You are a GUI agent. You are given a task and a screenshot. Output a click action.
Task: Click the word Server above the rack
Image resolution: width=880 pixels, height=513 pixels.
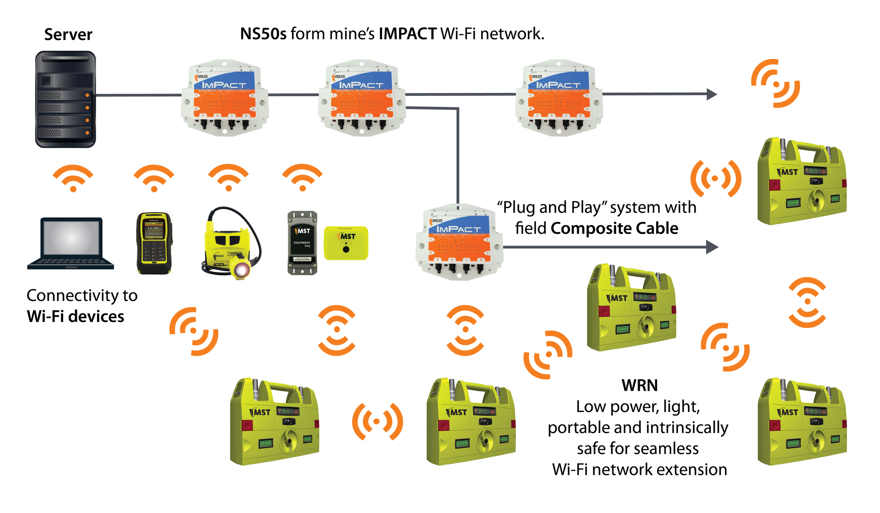pos(68,34)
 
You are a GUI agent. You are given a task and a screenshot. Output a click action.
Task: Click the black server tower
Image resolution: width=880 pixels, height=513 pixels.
pos(65,99)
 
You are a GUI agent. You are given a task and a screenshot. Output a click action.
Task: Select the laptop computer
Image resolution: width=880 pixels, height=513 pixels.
pos(71,243)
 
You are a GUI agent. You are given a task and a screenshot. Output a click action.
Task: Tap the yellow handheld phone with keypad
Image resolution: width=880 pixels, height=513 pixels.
pos(154,243)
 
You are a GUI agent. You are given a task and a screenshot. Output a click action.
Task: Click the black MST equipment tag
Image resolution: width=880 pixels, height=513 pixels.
pos(302,243)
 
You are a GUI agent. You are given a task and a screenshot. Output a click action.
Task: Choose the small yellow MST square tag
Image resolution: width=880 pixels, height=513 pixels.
pos(346,243)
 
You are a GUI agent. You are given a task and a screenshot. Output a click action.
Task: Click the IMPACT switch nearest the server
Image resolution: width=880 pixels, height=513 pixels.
pos(225,98)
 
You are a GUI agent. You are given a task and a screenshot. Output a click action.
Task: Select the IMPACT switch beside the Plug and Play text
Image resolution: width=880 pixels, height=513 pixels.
pos(459,242)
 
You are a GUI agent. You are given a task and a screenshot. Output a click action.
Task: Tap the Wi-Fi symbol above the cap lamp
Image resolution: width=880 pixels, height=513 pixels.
pos(228,178)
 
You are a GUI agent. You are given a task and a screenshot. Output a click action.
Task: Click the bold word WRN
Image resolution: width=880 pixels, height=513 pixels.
pos(639,385)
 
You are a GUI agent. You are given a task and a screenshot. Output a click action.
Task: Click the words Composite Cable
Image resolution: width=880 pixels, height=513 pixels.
pos(614,228)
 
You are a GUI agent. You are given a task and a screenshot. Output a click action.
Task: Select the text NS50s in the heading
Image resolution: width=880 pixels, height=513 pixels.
pos(263,34)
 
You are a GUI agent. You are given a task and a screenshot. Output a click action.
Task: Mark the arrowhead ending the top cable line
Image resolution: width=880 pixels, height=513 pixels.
pos(712,94)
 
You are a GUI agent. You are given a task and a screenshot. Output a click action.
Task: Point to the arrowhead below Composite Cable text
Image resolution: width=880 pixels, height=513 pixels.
pos(712,247)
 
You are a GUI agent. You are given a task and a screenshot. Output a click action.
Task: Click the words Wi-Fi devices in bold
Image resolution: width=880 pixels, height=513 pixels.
pos(76,316)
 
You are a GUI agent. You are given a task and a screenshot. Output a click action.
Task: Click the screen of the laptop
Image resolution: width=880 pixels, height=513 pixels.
pos(71,238)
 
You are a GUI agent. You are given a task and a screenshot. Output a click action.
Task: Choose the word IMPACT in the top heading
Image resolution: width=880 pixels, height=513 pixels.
pos(407,34)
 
